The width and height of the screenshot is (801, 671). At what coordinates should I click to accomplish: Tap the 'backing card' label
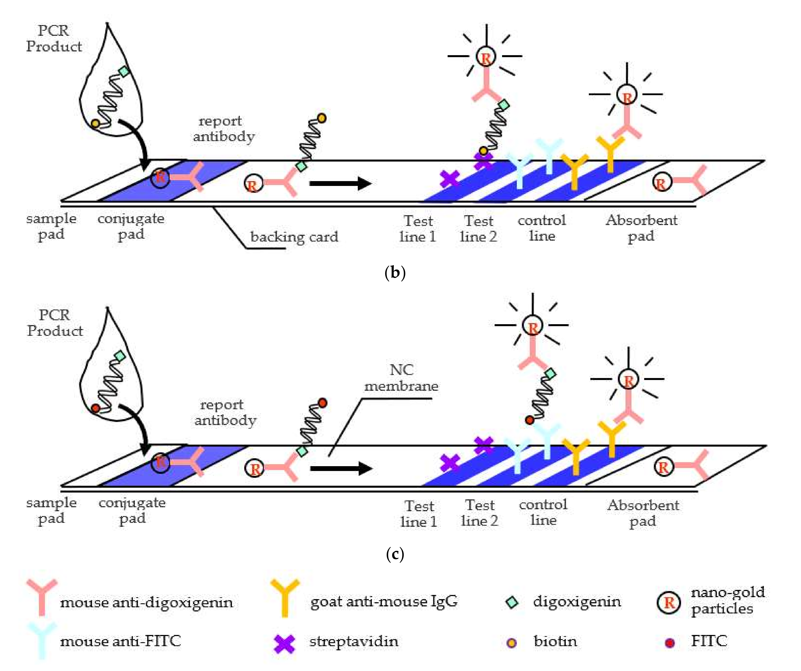(294, 237)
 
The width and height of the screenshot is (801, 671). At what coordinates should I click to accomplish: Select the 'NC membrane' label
(401, 378)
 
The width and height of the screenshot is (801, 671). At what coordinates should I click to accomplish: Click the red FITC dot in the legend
(670, 643)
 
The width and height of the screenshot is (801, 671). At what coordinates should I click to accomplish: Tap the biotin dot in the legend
(512, 643)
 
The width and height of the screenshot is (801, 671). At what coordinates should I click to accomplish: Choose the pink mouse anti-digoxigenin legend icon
(42, 596)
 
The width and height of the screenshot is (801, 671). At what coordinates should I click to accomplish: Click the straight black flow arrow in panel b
(340, 184)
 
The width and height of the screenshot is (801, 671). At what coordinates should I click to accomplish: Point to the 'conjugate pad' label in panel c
(132, 510)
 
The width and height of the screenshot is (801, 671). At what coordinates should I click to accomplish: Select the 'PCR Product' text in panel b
(54, 38)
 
